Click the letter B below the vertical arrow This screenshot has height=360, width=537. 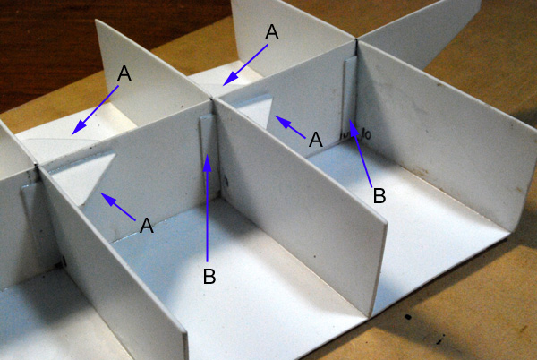[209, 276]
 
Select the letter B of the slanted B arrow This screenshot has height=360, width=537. [379, 196]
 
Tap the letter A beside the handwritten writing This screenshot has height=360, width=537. [315, 140]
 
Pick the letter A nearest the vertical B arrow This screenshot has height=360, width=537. [147, 226]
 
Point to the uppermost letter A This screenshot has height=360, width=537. [272, 32]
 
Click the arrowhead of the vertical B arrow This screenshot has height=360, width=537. [207, 162]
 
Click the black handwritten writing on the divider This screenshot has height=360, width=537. [355, 134]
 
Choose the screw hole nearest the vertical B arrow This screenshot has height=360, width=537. [226, 181]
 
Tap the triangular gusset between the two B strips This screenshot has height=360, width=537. [256, 110]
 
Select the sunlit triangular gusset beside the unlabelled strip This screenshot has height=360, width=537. [82, 176]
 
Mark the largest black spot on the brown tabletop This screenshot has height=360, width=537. [407, 316]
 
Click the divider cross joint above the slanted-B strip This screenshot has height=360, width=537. [356, 40]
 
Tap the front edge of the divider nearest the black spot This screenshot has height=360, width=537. [379, 268]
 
